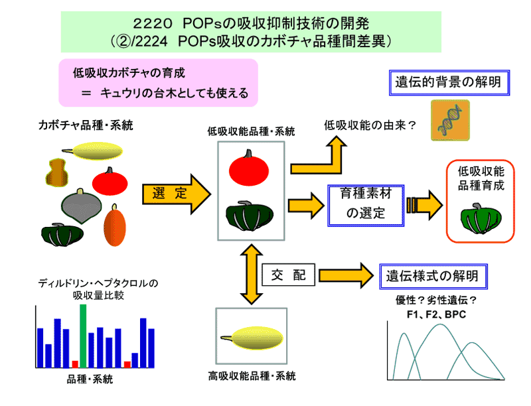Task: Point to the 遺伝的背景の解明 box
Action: click(x=448, y=83)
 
